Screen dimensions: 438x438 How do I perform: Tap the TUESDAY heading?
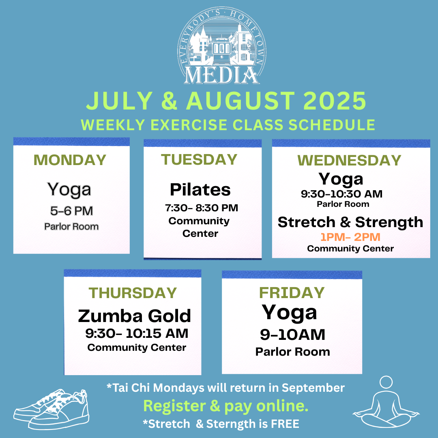click(199, 159)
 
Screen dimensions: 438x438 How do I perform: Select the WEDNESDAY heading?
click(349, 161)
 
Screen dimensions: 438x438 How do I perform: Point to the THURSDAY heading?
click(133, 293)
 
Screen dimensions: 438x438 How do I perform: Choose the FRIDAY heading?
click(292, 292)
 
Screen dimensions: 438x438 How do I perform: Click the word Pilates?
click(200, 189)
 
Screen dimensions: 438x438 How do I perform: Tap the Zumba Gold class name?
click(134, 316)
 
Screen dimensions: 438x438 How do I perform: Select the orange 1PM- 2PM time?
click(350, 237)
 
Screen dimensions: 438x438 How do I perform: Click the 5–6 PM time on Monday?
click(71, 211)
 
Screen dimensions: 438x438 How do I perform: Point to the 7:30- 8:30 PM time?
click(202, 208)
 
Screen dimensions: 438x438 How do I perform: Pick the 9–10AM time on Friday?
click(292, 335)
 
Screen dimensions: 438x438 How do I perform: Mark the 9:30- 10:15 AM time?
click(137, 333)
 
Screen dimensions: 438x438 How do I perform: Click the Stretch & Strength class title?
click(350, 222)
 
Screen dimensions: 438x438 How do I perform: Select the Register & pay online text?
click(226, 406)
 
